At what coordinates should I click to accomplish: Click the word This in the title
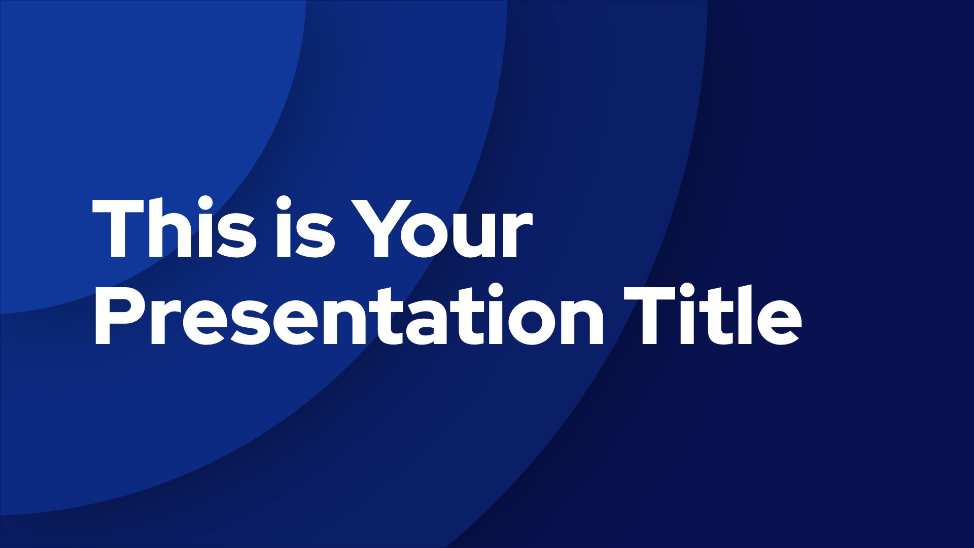173,227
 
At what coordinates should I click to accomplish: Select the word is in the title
305,227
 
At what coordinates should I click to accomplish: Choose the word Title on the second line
713,315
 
